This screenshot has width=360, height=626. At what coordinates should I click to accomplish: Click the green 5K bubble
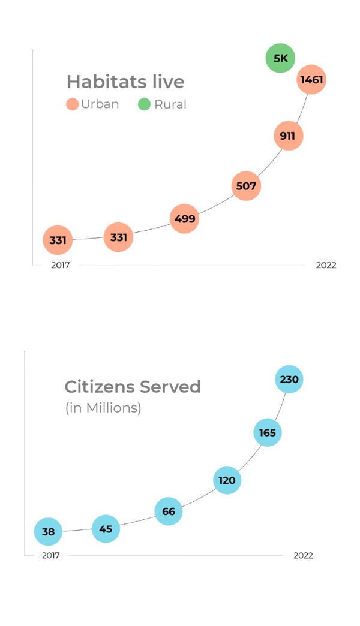point(281,58)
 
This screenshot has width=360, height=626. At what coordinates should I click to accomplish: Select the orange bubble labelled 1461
point(312,79)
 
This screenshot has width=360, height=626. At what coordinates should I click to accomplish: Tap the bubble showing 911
point(287,136)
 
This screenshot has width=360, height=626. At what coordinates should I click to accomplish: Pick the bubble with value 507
point(246,186)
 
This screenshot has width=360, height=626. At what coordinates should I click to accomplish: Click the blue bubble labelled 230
point(289,380)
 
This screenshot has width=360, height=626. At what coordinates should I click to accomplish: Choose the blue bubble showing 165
point(268,432)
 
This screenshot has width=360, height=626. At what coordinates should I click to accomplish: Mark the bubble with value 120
point(227,480)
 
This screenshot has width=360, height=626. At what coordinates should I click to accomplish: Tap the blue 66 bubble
point(169,511)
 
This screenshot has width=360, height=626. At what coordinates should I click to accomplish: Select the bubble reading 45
point(106,529)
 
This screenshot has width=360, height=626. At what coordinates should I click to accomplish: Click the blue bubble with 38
point(49,532)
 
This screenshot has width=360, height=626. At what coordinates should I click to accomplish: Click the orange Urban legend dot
point(73,104)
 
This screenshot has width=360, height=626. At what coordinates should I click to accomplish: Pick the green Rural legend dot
point(145,104)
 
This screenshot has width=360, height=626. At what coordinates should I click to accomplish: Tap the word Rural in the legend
point(170,104)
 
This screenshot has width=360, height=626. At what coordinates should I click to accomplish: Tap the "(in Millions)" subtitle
point(103,408)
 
